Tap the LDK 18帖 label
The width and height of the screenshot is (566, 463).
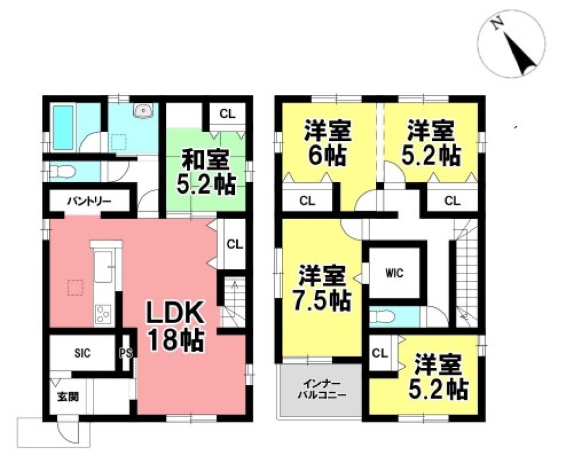pyautogui.click(x=175, y=325)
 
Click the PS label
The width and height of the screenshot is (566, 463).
pyautogui.click(x=126, y=352)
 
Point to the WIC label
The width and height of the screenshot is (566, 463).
pyautogui.click(x=395, y=273)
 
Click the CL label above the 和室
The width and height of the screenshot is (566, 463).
pyautogui.click(x=228, y=114)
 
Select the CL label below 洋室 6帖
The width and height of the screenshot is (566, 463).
pyautogui.click(x=307, y=200)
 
